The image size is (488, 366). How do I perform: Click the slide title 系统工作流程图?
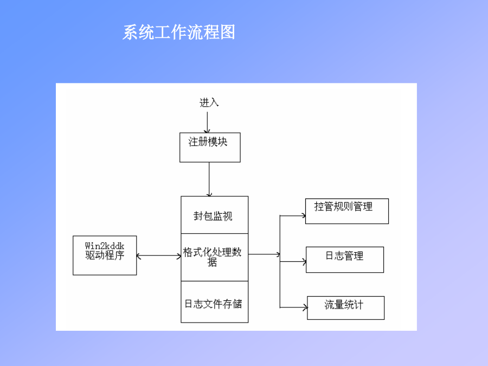[178, 33]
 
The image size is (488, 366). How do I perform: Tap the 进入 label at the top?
[209, 102]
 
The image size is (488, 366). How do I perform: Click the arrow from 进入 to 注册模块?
[207, 123]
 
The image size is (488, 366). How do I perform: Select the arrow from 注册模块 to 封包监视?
[209, 179]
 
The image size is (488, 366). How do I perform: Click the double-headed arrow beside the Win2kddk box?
[159, 256]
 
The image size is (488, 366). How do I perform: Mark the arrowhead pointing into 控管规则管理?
[304, 215]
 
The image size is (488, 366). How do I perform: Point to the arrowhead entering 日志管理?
[304, 262]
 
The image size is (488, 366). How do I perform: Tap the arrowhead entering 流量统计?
[306, 308]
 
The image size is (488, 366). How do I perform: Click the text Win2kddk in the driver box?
[105, 246]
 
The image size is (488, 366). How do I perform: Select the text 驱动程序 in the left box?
[105, 255]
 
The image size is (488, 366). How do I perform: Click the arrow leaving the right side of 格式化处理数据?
[264, 254]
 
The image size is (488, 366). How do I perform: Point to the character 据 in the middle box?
[212, 262]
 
